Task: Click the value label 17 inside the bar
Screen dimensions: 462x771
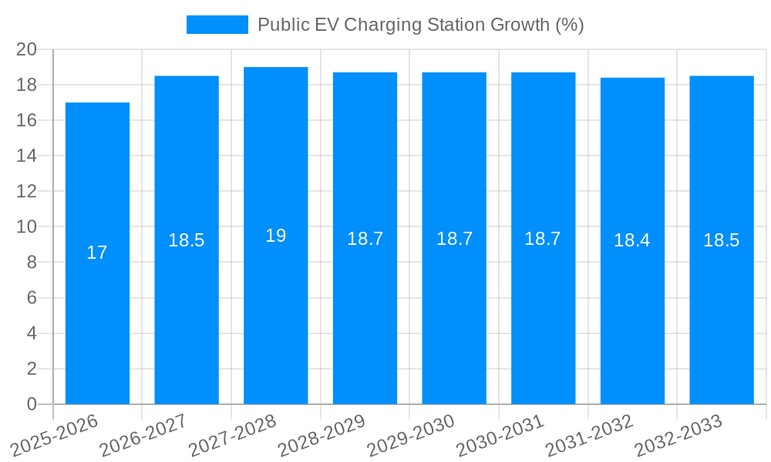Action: (97, 253)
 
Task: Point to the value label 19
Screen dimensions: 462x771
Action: (276, 236)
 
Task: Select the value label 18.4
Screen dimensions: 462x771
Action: (632, 240)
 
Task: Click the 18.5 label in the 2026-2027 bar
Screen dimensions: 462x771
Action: (187, 240)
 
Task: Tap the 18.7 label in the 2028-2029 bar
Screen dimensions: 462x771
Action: (365, 239)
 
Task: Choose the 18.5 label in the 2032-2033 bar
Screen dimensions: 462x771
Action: (722, 240)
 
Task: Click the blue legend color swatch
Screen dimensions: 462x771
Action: (217, 25)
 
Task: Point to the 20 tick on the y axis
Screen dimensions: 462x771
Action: (27, 49)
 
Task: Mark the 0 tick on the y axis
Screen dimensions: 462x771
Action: (32, 404)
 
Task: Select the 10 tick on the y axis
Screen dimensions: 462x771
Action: (27, 227)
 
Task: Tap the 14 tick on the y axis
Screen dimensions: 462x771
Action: (27, 156)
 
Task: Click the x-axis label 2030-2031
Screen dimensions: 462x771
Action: (500, 436)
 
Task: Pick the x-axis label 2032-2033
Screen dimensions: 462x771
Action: (678, 436)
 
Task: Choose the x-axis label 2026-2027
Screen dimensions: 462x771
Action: (144, 436)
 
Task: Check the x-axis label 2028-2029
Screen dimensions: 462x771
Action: (322, 436)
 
